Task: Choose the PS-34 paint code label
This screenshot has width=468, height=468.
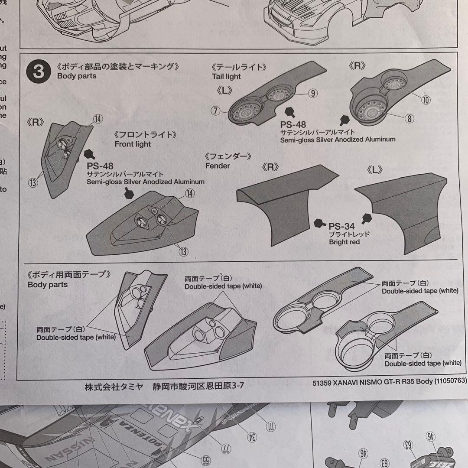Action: pos(341,226)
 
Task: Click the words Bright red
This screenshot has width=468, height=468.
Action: pos(344,242)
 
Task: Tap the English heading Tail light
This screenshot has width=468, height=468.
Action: pos(226,77)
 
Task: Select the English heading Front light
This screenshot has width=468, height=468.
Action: pos(133,144)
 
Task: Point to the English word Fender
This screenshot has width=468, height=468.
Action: pos(218,166)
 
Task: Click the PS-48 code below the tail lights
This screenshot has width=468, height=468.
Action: pos(293,124)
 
